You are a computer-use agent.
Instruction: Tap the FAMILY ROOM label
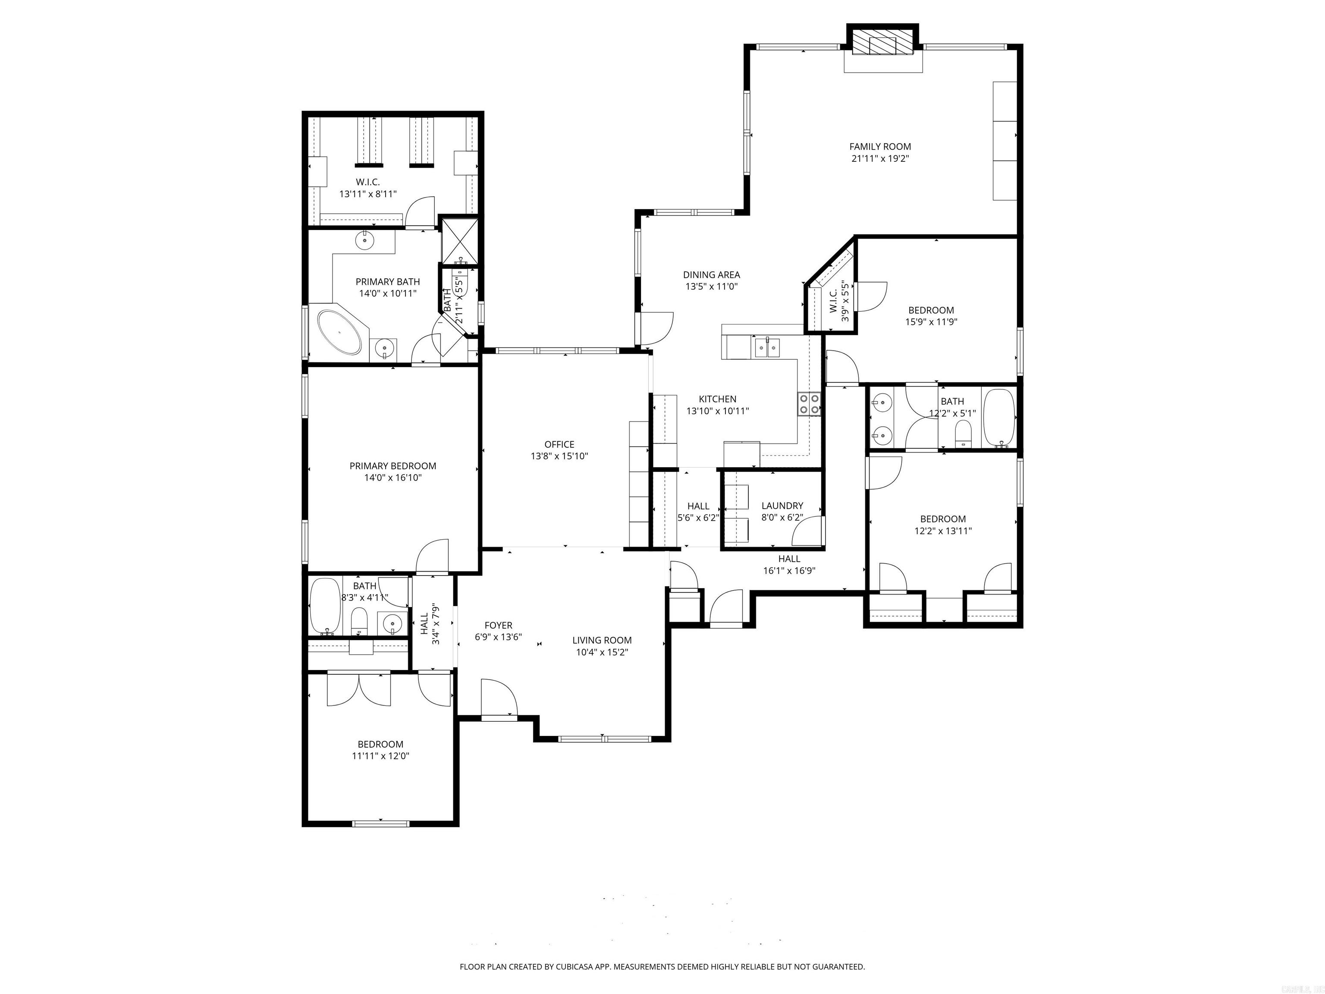click(x=880, y=146)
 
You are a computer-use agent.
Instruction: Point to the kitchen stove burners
click(x=809, y=403)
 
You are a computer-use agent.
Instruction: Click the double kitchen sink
click(x=767, y=347)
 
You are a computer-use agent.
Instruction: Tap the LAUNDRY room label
click(x=782, y=506)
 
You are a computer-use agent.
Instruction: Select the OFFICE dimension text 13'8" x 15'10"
click(x=559, y=456)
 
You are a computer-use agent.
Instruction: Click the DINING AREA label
click(x=711, y=274)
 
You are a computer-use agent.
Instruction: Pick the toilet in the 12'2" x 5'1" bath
click(x=963, y=433)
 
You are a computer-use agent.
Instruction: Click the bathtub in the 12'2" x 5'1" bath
click(x=999, y=418)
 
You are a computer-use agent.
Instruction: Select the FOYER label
click(x=498, y=626)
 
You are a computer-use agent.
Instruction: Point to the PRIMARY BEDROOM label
click(x=392, y=466)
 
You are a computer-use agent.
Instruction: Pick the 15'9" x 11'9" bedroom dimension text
click(x=931, y=322)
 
